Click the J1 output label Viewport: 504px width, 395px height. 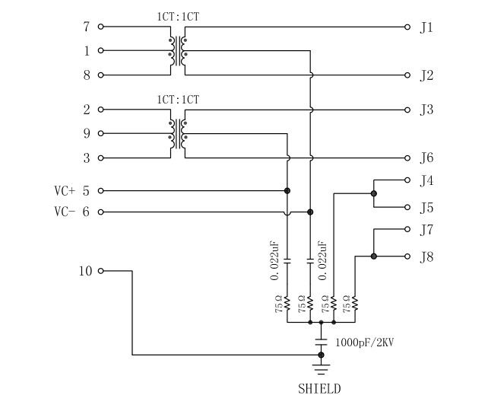426,27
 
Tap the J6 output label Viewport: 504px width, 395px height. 426,158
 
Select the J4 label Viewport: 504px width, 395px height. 426,181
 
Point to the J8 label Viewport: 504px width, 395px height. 426,256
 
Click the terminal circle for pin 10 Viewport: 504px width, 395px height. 100,271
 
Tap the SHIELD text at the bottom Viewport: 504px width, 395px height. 319,388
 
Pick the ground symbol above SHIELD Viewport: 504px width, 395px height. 321,371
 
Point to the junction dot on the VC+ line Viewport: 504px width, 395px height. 287,190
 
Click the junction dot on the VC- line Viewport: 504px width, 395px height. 310,212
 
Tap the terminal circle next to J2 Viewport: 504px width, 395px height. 408,75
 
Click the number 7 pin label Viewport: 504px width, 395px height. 87,27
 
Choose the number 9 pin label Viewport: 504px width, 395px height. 87,134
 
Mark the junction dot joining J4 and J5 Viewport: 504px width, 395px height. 373,193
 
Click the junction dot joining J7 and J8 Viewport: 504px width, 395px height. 373,256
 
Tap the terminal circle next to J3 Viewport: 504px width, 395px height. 408,110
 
